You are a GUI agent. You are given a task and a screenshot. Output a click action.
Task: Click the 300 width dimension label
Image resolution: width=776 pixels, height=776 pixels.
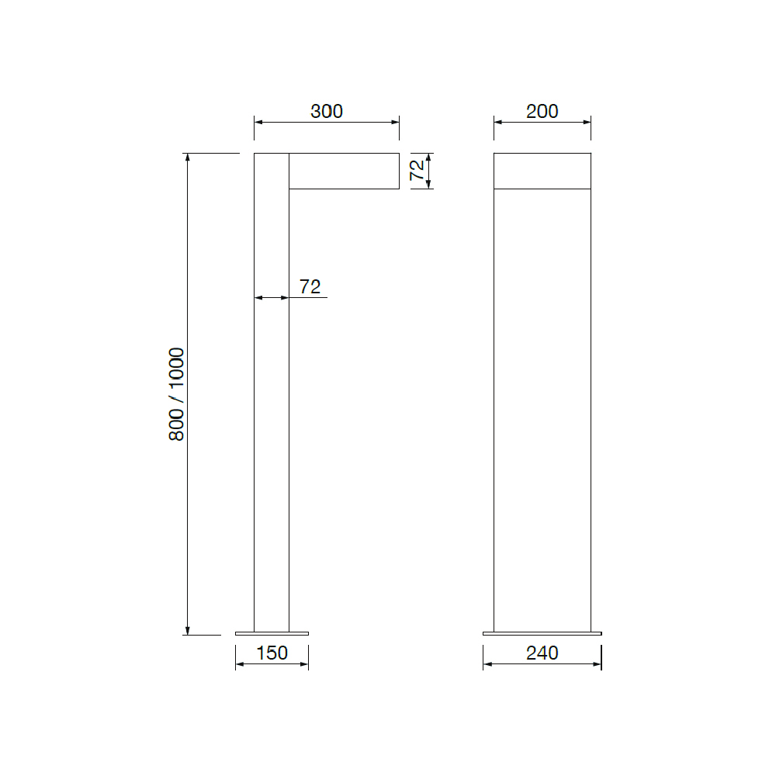[327, 111]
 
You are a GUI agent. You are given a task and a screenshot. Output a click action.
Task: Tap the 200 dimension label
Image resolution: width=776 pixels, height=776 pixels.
[542, 111]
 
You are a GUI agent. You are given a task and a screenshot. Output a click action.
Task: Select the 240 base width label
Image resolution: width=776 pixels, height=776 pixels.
[542, 653]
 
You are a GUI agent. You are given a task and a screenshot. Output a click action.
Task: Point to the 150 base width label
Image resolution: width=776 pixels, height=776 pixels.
[272, 653]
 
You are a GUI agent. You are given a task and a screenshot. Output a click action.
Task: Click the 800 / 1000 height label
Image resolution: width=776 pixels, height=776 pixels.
[176, 394]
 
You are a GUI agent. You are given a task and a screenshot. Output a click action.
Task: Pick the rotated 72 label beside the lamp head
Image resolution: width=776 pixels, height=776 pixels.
[417, 170]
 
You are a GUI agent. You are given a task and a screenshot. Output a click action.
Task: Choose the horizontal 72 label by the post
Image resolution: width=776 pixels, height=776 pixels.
[310, 286]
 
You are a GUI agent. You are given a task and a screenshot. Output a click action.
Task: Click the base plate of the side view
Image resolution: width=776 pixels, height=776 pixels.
[272, 633]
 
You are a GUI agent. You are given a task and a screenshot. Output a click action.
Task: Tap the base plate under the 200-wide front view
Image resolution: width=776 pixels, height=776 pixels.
[542, 633]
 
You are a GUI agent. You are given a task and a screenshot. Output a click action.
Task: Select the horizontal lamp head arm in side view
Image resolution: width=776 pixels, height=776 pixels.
[344, 171]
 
